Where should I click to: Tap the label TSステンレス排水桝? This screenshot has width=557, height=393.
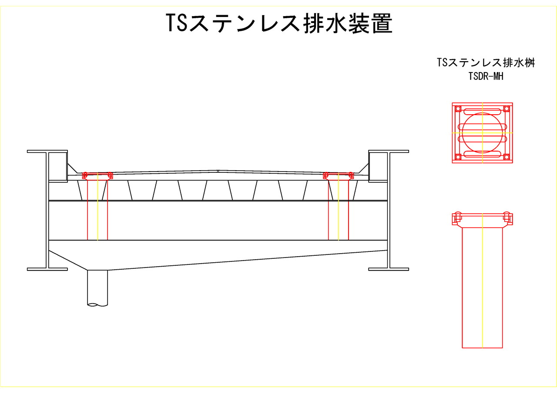coord(485,63)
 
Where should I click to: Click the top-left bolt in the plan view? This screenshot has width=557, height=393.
coord(458,109)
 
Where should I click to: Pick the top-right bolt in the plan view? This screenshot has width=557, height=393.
coord(506,109)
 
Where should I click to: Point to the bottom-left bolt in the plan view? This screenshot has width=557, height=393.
coord(458,157)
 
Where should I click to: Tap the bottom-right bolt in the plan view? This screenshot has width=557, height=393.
coord(506,157)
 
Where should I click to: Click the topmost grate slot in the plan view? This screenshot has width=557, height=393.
coord(482,111)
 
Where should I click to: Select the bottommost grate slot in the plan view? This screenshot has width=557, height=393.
coord(482,154)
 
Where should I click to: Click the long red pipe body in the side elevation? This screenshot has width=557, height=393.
coord(482,287)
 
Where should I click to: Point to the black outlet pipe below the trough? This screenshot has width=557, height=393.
coord(97,287)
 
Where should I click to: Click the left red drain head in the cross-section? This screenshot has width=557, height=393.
coord(97,175)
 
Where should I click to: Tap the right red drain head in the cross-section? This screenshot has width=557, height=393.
coord(338,175)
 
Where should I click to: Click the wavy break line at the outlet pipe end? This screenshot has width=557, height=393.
coord(97,305)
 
